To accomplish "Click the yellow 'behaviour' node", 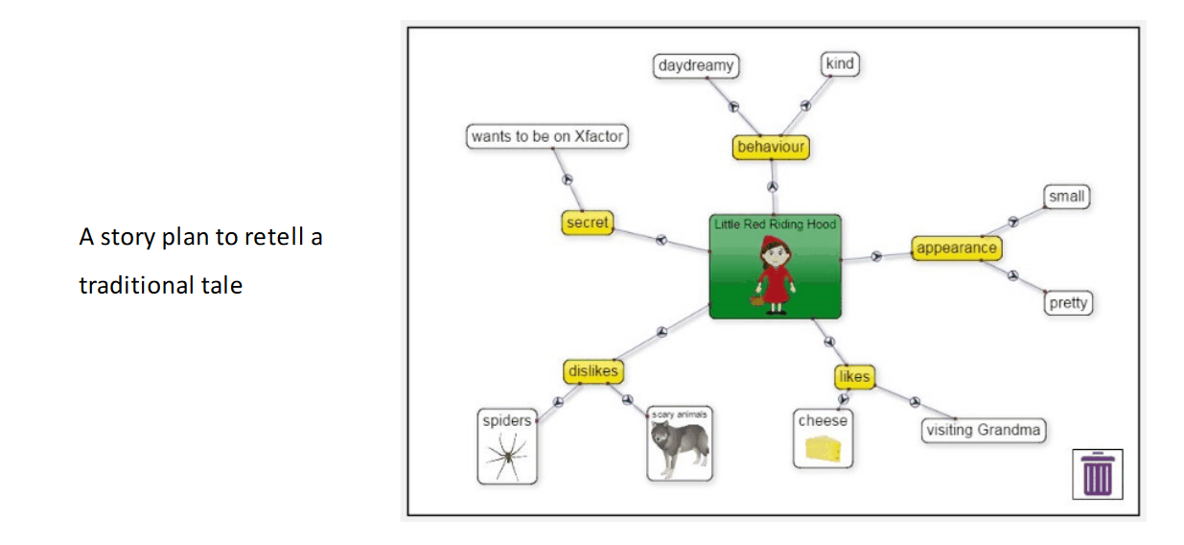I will click(x=771, y=148).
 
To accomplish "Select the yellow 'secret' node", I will click(x=587, y=223).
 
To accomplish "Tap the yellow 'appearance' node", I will click(x=956, y=249).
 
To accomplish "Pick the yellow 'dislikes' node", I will click(x=592, y=371).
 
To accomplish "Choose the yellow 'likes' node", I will click(x=853, y=376).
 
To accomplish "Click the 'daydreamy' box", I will click(x=696, y=65).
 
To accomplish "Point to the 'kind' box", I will click(x=840, y=64).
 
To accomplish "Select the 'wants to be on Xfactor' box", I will click(x=546, y=136).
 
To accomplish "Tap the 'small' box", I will click(x=1066, y=197).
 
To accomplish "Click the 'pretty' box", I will click(x=1068, y=303).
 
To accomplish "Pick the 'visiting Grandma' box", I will click(x=983, y=430).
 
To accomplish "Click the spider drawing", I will click(x=507, y=454).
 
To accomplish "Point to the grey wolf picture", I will click(x=679, y=447).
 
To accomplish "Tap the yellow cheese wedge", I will click(x=822, y=449).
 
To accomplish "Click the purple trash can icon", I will click(x=1098, y=474).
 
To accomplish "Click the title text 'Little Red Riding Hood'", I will click(x=775, y=225).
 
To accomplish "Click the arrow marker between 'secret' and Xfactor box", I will click(x=566, y=179).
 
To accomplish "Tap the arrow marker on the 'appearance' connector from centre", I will click(x=875, y=256).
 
